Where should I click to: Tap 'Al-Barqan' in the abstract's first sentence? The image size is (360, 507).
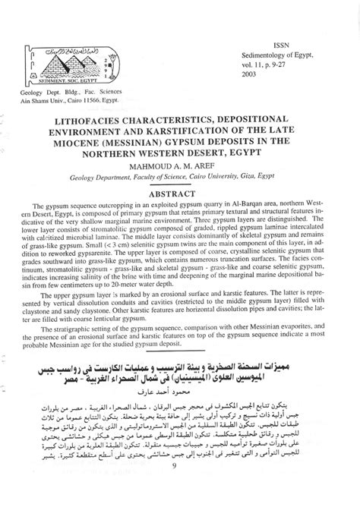click(x=251, y=206)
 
